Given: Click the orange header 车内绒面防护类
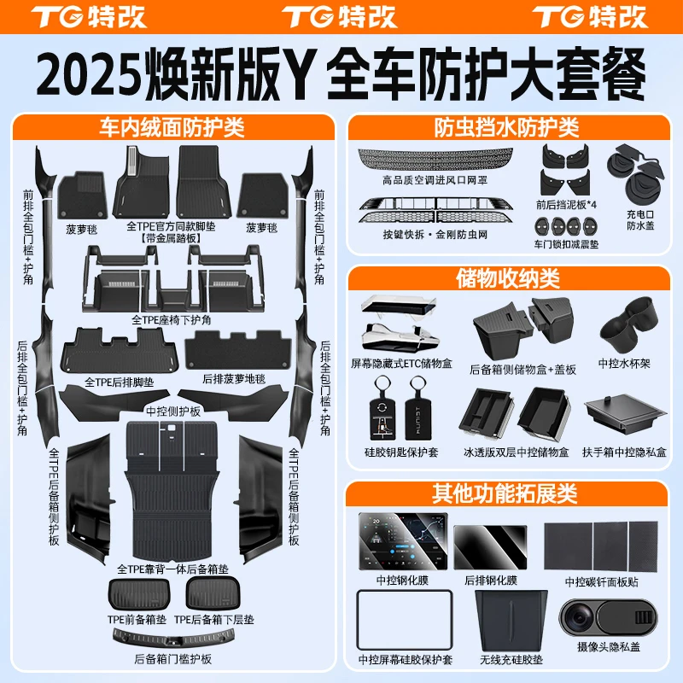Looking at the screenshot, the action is pyautogui.click(x=172, y=127).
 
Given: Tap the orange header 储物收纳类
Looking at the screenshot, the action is pyautogui.click(x=508, y=278).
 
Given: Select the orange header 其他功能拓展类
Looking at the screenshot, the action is pyautogui.click(x=505, y=493).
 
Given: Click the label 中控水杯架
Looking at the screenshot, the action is pyautogui.click(x=624, y=364).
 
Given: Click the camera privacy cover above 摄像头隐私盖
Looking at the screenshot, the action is pyautogui.click(x=609, y=617).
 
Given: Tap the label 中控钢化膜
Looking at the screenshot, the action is pyautogui.click(x=402, y=581).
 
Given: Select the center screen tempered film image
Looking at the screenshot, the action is pyautogui.click(x=403, y=541).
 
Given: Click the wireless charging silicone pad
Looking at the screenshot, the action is pyautogui.click(x=511, y=621).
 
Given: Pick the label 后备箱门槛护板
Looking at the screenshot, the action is pyautogui.click(x=172, y=659).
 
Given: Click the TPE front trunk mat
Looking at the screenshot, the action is pyautogui.click(x=139, y=593).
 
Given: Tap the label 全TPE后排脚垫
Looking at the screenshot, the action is pyautogui.click(x=119, y=382).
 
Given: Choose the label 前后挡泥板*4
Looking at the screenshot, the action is pyautogui.click(x=566, y=204).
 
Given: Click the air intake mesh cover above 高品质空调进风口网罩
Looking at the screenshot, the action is pyautogui.click(x=435, y=158).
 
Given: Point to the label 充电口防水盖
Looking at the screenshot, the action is pyautogui.click(x=640, y=219).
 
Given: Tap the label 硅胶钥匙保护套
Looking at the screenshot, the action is pyautogui.click(x=401, y=452).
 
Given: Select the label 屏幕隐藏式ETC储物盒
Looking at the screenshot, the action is pyautogui.click(x=401, y=364).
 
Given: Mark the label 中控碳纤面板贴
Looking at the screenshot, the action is pyautogui.click(x=602, y=582).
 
